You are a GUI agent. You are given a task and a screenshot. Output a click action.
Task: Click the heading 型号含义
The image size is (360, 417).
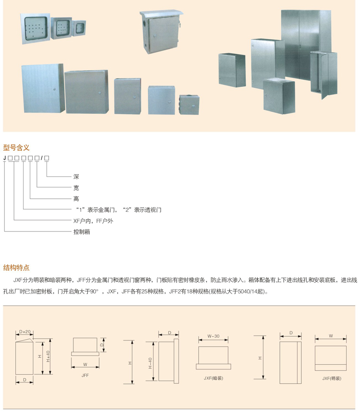coord(16,147)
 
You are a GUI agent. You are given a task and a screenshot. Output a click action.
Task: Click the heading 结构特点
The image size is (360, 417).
coord(16,268)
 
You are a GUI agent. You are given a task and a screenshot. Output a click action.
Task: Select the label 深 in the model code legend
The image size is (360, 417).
coord(76,177)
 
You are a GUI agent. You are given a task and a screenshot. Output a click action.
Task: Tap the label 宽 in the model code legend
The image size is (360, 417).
coord(76,188)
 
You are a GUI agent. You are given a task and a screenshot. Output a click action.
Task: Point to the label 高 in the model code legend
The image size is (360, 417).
coord(76,199)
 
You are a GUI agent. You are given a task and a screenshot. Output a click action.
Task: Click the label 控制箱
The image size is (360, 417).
coord(82,232)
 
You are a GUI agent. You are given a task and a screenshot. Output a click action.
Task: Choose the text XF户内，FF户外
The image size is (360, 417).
coord(93,221)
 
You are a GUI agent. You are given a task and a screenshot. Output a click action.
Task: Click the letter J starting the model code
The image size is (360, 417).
coord(4,158)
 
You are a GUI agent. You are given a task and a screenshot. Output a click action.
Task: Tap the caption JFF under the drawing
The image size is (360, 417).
coord(85,375)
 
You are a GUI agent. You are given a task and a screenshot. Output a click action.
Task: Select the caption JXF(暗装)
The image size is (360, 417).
coord(213,378)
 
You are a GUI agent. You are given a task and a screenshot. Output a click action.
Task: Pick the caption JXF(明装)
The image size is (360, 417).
coord(332,378)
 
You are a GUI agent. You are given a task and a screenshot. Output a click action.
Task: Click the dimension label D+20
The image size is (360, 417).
coord(25,331)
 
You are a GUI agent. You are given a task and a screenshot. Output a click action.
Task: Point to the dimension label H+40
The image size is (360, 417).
coord(48,356)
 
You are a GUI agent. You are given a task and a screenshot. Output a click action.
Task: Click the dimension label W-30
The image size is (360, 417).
coord(213,336)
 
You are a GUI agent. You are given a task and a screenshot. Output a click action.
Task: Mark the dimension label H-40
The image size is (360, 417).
coord(150,363)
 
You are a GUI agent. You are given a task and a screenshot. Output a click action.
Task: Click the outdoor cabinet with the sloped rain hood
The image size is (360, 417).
coord(161,31)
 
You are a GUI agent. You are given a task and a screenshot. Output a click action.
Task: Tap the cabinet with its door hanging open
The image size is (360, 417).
coord(324,74)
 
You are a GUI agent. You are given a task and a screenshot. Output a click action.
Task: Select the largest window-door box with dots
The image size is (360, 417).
coord(36,28)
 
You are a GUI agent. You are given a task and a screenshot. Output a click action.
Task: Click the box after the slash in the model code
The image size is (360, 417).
coord(47,158)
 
